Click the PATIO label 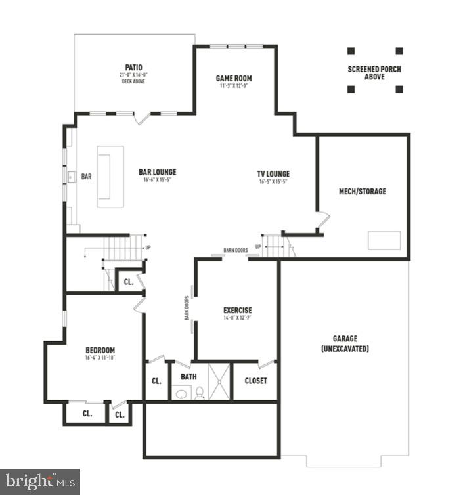tap(134, 67)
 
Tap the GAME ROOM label tap(234, 79)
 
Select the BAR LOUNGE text tap(158, 173)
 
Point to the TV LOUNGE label tap(273, 174)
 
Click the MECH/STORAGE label tap(362, 192)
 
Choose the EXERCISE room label tap(237, 311)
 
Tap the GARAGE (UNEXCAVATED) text tap(345, 343)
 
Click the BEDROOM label tap(100, 350)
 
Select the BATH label tap(188, 377)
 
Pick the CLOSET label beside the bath tap(255, 381)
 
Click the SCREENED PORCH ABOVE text tap(374, 73)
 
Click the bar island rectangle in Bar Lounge tap(110, 176)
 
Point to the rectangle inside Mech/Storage tap(384, 240)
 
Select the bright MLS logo tap(39, 481)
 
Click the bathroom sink tap(181, 395)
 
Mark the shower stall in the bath tap(220, 381)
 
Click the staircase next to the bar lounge tap(122, 248)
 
